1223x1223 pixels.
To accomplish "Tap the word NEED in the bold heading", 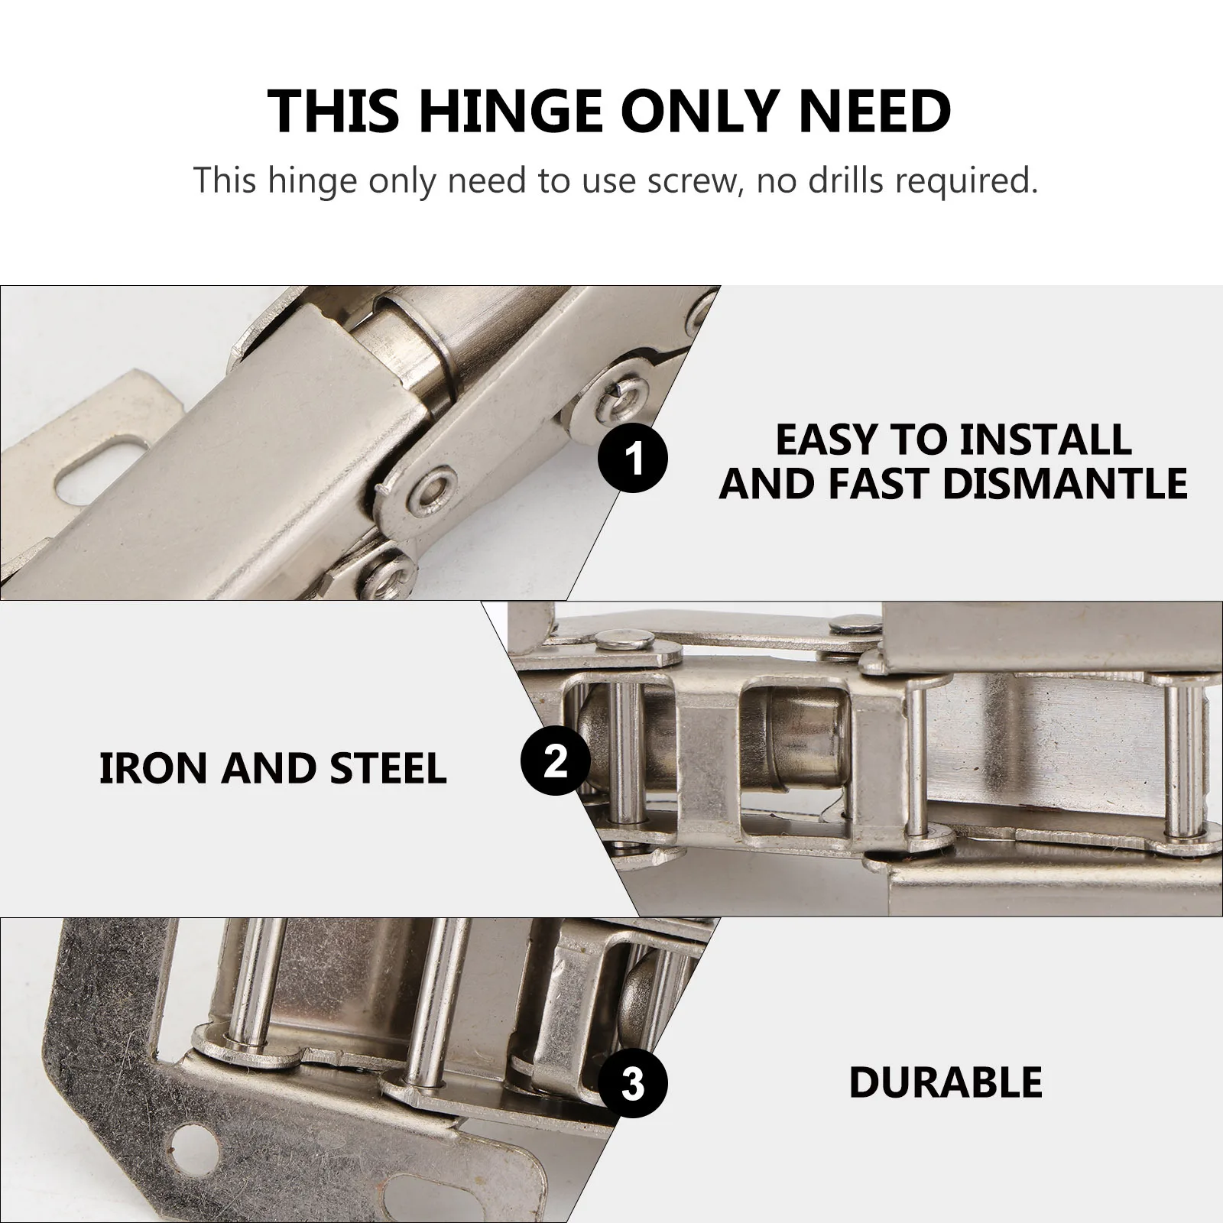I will point(874,112).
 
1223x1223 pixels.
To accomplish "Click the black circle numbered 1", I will point(632,459).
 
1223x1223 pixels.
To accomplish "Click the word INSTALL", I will point(1045,440).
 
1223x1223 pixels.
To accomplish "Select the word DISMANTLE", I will point(1065,483).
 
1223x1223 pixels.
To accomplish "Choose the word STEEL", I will point(388,768).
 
